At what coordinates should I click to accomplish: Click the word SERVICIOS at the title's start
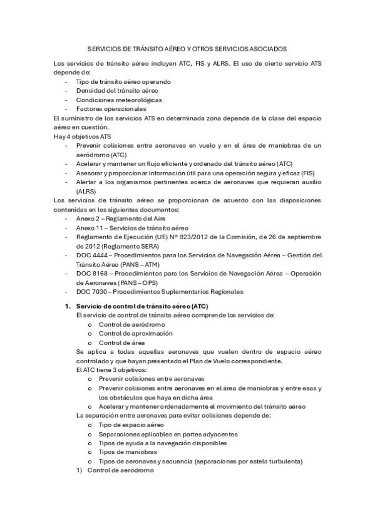coord(101,48)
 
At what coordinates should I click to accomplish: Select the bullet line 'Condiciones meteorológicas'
coord(118,100)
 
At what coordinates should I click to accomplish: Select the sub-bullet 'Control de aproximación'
coord(135,333)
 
